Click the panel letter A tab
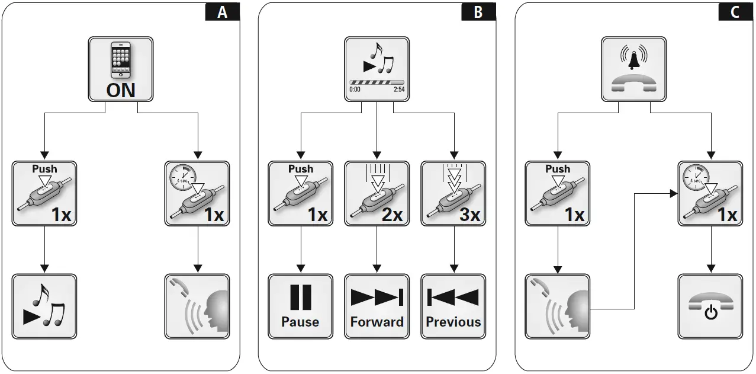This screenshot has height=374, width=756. pyautogui.click(x=223, y=12)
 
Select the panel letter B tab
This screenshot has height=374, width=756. pyautogui.click(x=478, y=12)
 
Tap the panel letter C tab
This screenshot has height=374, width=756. pyautogui.click(x=735, y=12)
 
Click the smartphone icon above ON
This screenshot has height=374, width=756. pyautogui.click(x=121, y=59)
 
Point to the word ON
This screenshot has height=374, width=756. pyautogui.click(x=121, y=90)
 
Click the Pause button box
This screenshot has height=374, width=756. pyautogui.click(x=300, y=306)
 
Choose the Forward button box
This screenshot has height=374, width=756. pyautogui.click(x=377, y=306)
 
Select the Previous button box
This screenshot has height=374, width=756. pyautogui.click(x=453, y=306)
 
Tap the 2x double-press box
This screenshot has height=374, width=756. pyautogui.click(x=377, y=193)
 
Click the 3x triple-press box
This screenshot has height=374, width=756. pyautogui.click(x=453, y=193)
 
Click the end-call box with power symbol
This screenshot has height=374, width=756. pyautogui.click(x=710, y=306)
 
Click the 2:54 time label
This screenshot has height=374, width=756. pyautogui.click(x=399, y=90)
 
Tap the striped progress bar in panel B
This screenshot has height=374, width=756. pyautogui.click(x=377, y=82)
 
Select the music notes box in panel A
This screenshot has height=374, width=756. pyautogui.click(x=44, y=306)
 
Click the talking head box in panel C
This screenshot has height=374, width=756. pyautogui.click(x=557, y=306)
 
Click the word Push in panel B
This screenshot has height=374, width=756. pyautogui.click(x=301, y=169)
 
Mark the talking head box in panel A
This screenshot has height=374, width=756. pyautogui.click(x=197, y=306)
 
